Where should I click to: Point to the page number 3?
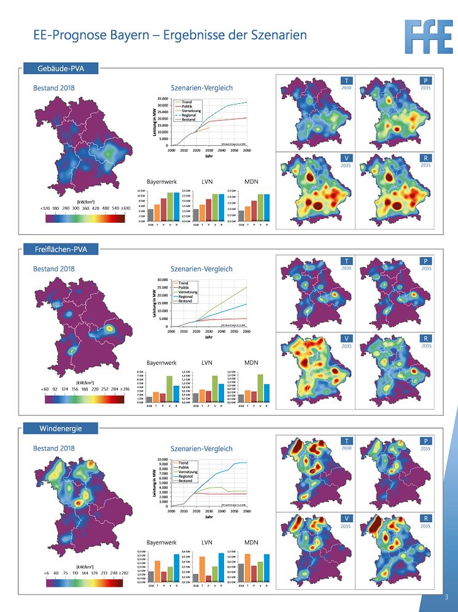click(446, 597)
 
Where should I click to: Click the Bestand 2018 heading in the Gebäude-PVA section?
click(54, 88)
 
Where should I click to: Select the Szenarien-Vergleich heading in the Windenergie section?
click(201, 448)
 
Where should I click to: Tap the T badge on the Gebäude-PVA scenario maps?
click(346, 81)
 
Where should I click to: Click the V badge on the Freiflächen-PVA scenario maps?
click(346, 340)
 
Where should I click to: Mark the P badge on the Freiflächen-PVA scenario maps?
click(425, 261)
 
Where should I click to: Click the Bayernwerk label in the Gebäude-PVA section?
click(161, 182)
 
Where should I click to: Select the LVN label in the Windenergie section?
click(208, 542)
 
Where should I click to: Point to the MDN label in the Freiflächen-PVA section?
click(252, 363)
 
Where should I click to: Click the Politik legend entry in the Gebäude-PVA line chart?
click(185, 106)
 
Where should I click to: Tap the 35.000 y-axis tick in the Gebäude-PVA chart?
click(163, 98)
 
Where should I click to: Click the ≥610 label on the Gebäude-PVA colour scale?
click(125, 209)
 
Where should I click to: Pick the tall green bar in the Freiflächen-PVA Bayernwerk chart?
click(169, 389)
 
